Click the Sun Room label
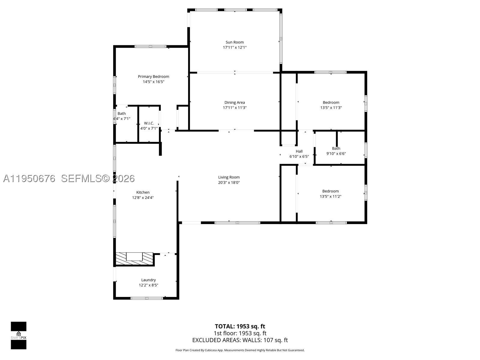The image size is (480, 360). (x=234, y=42)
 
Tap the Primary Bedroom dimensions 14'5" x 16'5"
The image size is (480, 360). (x=154, y=82)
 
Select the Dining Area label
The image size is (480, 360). (x=235, y=102)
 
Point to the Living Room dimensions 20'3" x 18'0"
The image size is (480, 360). (x=229, y=182)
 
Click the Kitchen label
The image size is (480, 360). (x=143, y=192)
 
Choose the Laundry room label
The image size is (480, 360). (x=148, y=280)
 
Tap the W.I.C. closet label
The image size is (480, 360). (x=149, y=123)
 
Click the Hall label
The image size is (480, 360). (x=299, y=151)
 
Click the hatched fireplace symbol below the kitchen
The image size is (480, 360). (x=134, y=259)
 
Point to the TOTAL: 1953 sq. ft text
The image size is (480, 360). (x=240, y=326)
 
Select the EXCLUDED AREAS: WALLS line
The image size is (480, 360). (x=240, y=340)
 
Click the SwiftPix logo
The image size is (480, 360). (x=19, y=335)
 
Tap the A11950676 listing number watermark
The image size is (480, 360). (x=29, y=178)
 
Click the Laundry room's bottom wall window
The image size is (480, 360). (x=147, y=298)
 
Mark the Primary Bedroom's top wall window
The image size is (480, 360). (x=151, y=46)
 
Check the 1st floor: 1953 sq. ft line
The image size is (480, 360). (x=240, y=333)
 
